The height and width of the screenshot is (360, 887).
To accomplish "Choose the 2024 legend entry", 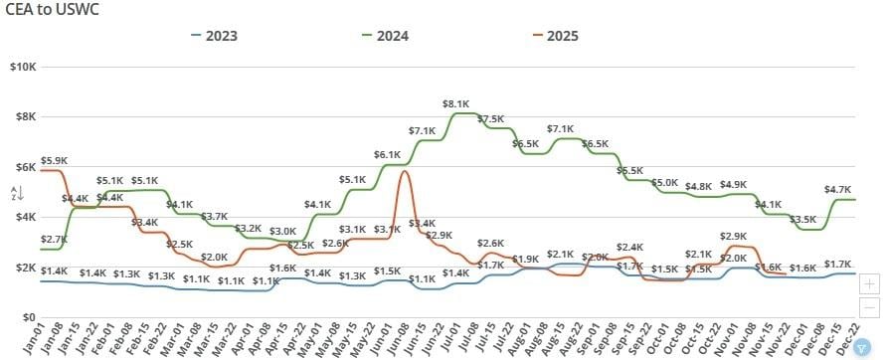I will (x=389, y=37).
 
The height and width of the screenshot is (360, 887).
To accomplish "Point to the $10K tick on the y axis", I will (x=22, y=67).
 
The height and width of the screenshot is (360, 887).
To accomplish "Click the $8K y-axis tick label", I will (x=25, y=116).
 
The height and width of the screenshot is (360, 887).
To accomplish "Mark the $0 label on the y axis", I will (x=29, y=318).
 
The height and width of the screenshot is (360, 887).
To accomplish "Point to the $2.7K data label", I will (x=54, y=240).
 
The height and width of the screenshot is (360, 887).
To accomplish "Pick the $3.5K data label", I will (x=801, y=219).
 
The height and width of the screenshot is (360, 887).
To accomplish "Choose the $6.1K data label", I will (x=387, y=154).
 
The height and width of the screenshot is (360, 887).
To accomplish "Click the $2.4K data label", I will (x=629, y=247).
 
